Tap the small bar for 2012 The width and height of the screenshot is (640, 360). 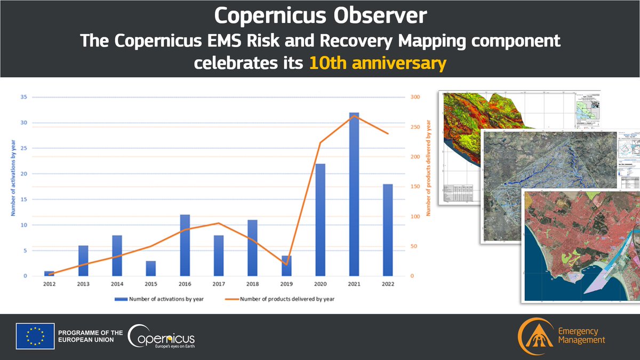click(49, 274)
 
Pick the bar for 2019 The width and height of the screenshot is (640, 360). click(286, 266)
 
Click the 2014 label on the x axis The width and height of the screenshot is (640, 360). click(117, 284)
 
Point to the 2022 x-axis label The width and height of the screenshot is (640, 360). click(388, 284)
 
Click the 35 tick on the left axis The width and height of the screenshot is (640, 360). click(24, 98)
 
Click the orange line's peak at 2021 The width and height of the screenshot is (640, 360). click(354, 116)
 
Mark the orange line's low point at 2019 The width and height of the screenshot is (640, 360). click(286, 264)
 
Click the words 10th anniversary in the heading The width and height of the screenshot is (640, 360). click(378, 63)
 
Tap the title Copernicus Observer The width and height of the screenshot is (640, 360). click(320, 16)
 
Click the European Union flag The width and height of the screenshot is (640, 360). click(35, 336)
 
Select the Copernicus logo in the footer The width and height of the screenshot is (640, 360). click(162, 337)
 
